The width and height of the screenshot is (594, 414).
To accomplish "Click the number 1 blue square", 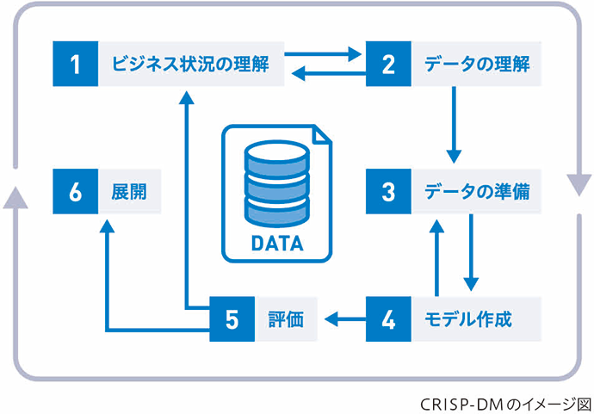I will (x=75, y=63).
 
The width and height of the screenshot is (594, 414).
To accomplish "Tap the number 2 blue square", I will (x=388, y=63).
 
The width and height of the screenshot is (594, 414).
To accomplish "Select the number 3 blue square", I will (x=388, y=191).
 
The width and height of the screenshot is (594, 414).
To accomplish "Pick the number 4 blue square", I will (x=388, y=319).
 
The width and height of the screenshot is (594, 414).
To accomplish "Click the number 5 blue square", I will (x=232, y=319).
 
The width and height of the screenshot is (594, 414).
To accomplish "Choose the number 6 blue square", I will (x=75, y=191).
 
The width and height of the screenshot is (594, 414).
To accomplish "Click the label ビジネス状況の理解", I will (x=192, y=63).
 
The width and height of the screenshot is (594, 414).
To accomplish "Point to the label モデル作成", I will (x=469, y=319).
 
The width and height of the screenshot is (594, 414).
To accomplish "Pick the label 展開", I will (x=128, y=191).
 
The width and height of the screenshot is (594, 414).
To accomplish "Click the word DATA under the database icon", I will (x=276, y=244).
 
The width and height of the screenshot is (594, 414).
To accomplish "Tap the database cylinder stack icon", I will (x=276, y=182).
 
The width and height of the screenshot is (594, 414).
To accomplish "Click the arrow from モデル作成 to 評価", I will (x=344, y=320).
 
